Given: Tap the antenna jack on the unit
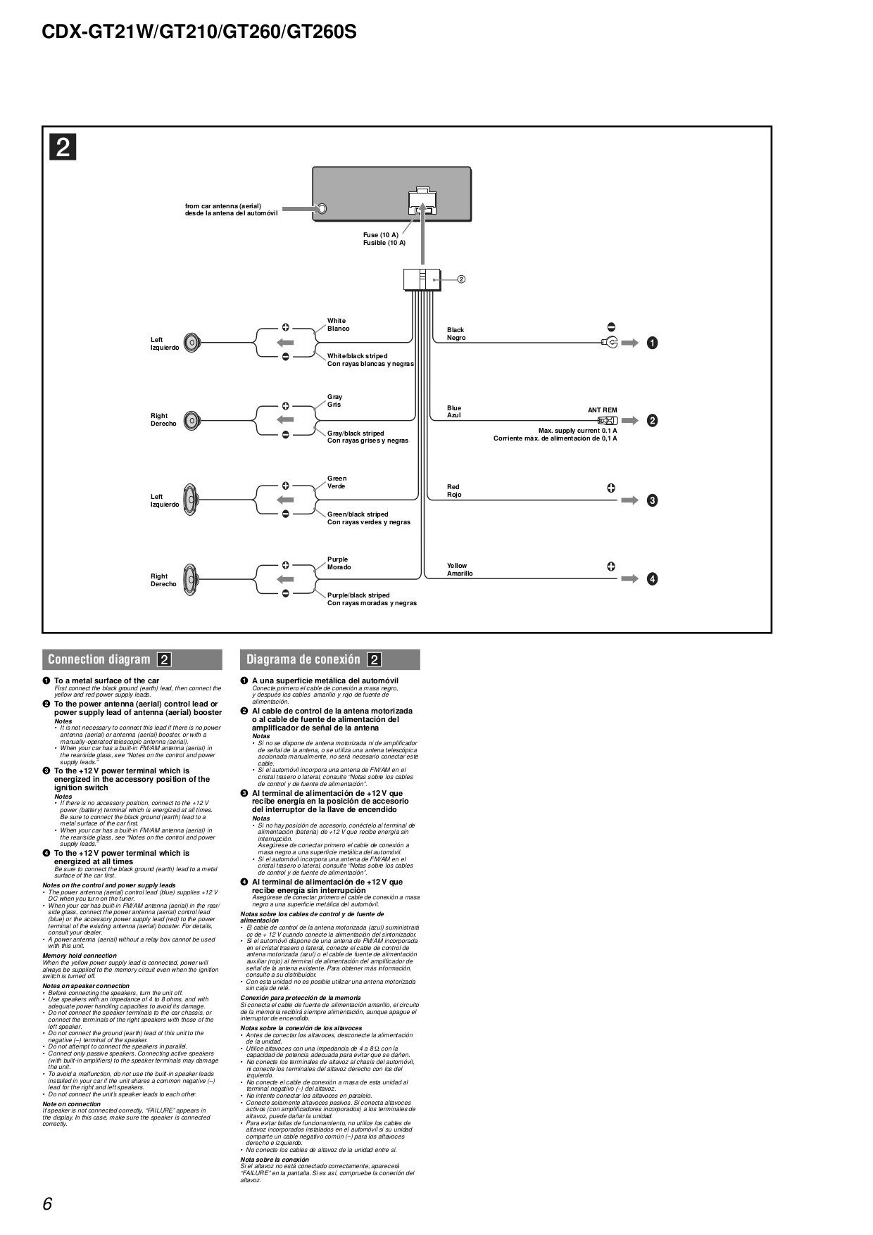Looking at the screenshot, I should click(x=322, y=209).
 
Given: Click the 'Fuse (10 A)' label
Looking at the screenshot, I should click(x=381, y=235).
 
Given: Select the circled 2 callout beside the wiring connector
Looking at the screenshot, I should click(x=461, y=279).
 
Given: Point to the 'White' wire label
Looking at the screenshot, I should click(x=337, y=321).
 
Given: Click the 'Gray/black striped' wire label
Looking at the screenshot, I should click(x=356, y=433).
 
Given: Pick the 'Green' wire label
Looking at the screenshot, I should click(x=337, y=479).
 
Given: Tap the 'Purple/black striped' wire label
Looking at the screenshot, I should click(x=358, y=595).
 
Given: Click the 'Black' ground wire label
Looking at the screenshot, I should click(x=456, y=330).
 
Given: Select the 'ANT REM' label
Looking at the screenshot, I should click(x=602, y=410).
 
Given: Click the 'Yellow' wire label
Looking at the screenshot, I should click(x=457, y=566).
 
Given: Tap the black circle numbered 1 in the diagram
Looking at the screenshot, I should click(x=653, y=343).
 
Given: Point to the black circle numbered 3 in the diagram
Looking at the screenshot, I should click(x=653, y=500).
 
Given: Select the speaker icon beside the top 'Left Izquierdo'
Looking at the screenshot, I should click(x=192, y=343).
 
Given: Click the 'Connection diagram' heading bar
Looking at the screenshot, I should click(x=132, y=659).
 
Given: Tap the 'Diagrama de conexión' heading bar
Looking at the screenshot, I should click(x=329, y=659).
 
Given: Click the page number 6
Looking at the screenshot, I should click(x=47, y=1204).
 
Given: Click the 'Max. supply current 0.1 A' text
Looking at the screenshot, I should click(x=577, y=431).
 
